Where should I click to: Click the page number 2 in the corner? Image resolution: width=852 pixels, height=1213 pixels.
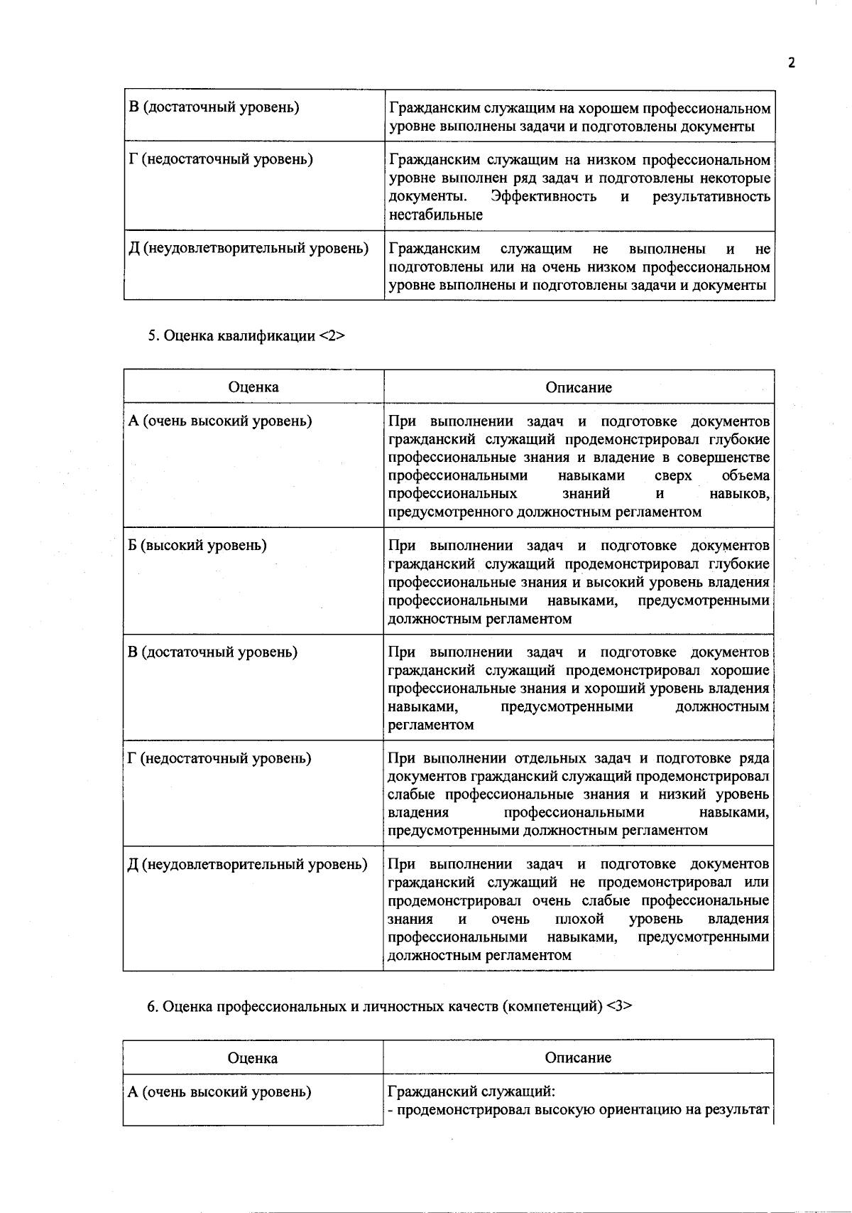[x=792, y=63]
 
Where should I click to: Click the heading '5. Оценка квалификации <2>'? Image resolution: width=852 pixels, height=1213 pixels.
[x=246, y=336]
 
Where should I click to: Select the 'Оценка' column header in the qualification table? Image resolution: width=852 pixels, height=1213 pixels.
[x=253, y=387]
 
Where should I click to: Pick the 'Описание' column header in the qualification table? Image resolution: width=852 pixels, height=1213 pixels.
[x=579, y=387]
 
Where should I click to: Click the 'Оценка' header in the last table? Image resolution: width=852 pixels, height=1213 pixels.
[x=253, y=1058]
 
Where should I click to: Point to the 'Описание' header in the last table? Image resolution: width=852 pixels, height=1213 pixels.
[x=578, y=1057]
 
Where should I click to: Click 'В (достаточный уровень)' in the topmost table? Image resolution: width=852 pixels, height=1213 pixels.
[x=214, y=107]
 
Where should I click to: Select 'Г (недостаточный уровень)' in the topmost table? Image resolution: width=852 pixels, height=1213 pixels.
[x=220, y=159]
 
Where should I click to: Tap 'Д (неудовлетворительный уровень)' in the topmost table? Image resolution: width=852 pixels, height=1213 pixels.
[x=248, y=249]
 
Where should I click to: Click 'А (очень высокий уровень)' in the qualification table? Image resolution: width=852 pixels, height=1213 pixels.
[x=219, y=421]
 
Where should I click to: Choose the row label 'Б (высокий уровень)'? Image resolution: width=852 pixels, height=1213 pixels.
[x=197, y=545]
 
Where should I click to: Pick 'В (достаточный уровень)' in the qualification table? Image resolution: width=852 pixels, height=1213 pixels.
[x=213, y=652]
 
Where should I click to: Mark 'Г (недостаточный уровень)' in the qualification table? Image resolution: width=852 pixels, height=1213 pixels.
[x=219, y=758]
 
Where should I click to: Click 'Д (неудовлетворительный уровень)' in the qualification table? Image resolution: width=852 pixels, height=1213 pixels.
[x=248, y=864]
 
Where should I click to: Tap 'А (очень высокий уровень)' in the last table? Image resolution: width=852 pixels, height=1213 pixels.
[x=219, y=1091]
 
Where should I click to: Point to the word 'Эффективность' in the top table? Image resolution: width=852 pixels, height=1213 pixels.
[x=544, y=196]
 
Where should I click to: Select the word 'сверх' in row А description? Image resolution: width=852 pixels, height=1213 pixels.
[x=673, y=475]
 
